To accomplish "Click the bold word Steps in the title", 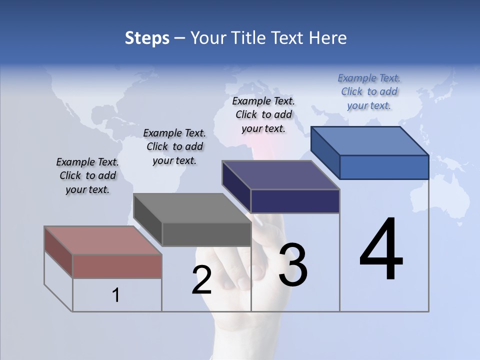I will coord(146,38).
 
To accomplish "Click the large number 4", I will coord(381,250).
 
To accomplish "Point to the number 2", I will coord(201,280).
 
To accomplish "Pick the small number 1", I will coord(115,295).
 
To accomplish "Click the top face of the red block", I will coord(103,240).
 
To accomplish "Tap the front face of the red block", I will coord(117,266).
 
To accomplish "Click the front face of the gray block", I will coord(206,234).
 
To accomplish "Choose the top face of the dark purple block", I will coord(280,175).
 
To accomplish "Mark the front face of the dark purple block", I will coord(295,201).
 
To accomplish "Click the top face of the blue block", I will coord(369,141).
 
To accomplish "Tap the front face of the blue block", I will coord(384,167).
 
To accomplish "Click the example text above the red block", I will coord(87,176).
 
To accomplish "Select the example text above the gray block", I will coord(174,147).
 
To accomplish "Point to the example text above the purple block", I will coord(263,114).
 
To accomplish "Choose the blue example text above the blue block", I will coord(369,91).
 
